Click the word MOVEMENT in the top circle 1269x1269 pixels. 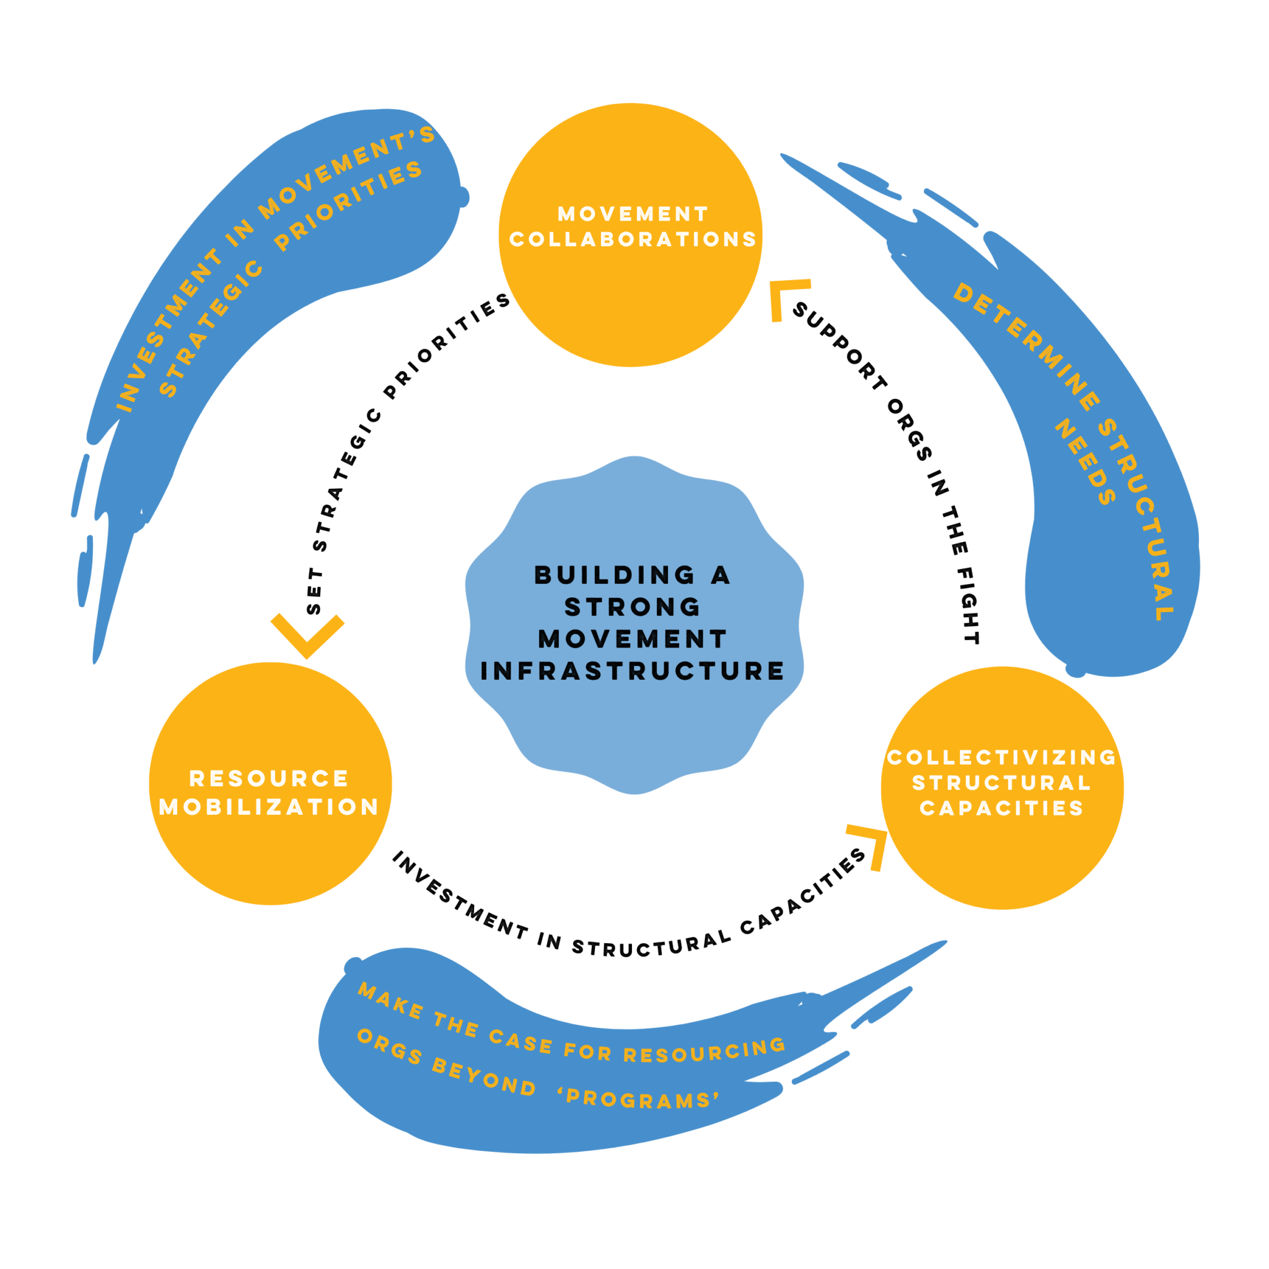tap(633, 214)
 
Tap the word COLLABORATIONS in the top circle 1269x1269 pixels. tap(633, 239)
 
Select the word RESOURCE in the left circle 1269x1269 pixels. tap(269, 779)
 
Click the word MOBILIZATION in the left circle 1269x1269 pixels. tap(269, 807)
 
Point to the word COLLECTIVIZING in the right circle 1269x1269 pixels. tap(1001, 757)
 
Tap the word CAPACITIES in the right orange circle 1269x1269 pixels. tap(1001, 809)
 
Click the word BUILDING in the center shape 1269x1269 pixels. tap(615, 576)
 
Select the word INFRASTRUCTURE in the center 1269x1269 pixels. tap(633, 671)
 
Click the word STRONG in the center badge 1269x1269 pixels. tap(633, 607)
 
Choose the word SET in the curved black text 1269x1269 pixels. tap(315, 592)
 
